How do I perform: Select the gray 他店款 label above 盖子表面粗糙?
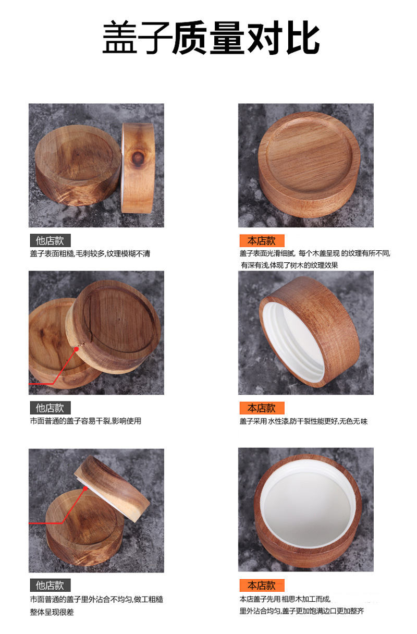coord(50,240)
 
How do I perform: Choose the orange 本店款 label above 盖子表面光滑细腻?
coord(262,240)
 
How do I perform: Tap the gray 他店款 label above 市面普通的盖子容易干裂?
coord(50,408)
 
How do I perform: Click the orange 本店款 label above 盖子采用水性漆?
coord(262,408)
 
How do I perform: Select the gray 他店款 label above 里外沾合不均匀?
coord(50,585)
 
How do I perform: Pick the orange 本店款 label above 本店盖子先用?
coord(262,585)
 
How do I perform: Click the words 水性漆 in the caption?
coord(278,421)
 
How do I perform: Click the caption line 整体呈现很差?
coord(52,612)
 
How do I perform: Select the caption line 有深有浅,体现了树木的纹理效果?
coord(289,265)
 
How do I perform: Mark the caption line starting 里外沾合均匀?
coord(302,611)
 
